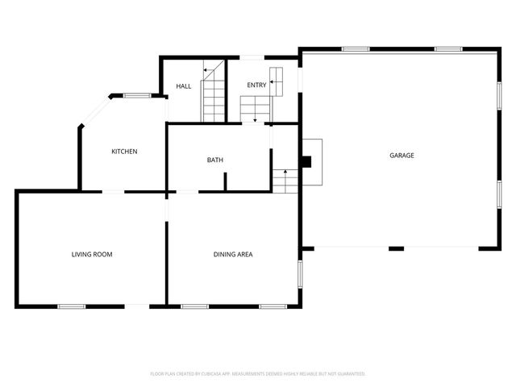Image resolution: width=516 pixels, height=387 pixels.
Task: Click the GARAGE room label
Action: pos(402,156)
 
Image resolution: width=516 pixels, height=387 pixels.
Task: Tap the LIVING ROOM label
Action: pos(92,255)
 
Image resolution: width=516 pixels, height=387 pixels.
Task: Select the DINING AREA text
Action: pos(233,255)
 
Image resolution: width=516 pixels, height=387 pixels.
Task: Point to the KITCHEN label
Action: pos(124,152)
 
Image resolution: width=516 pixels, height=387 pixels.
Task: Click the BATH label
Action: pos(215,160)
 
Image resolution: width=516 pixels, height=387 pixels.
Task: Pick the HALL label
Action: pos(184,86)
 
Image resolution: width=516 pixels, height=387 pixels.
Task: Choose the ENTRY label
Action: pos(256,85)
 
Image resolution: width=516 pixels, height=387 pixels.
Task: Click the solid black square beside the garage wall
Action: pos(306,161)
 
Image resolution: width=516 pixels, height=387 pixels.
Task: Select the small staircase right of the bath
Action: pos(285,181)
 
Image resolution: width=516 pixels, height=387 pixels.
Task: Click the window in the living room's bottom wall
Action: pos(72,306)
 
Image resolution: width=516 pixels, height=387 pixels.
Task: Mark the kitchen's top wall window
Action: pos(136,96)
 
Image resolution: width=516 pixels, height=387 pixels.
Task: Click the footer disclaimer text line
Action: pos(258,373)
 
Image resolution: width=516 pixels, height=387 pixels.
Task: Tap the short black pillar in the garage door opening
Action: pos(396,248)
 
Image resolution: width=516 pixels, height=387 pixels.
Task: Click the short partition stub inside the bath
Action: pos(225,181)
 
